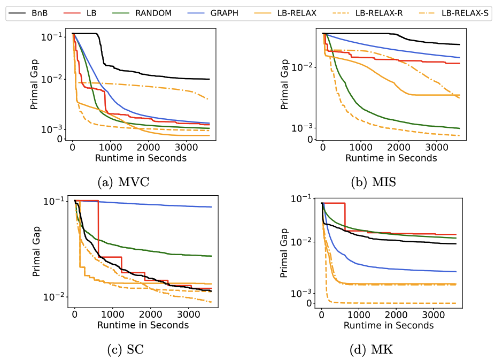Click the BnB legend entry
28,13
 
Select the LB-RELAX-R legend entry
367,13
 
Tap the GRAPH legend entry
213,13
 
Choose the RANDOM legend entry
142,13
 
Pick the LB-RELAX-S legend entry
454,13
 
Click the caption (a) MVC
123,182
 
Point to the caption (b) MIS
374,182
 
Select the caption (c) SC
126,349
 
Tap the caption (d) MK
371,349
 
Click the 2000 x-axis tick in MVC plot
148,148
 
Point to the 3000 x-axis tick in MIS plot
437,148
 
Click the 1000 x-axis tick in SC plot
113,315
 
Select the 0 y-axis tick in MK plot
309,303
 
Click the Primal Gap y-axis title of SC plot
36,251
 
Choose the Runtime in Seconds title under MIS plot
391,158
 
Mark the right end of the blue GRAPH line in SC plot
212,207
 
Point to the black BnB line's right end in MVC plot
210,79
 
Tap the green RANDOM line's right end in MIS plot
460,128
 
